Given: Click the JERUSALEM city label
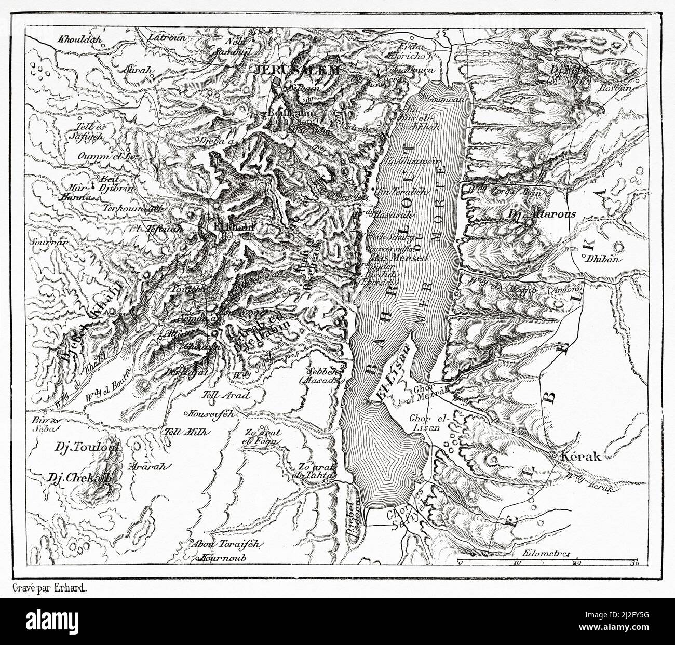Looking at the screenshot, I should [296, 71].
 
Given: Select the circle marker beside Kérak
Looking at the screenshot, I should [556, 456].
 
